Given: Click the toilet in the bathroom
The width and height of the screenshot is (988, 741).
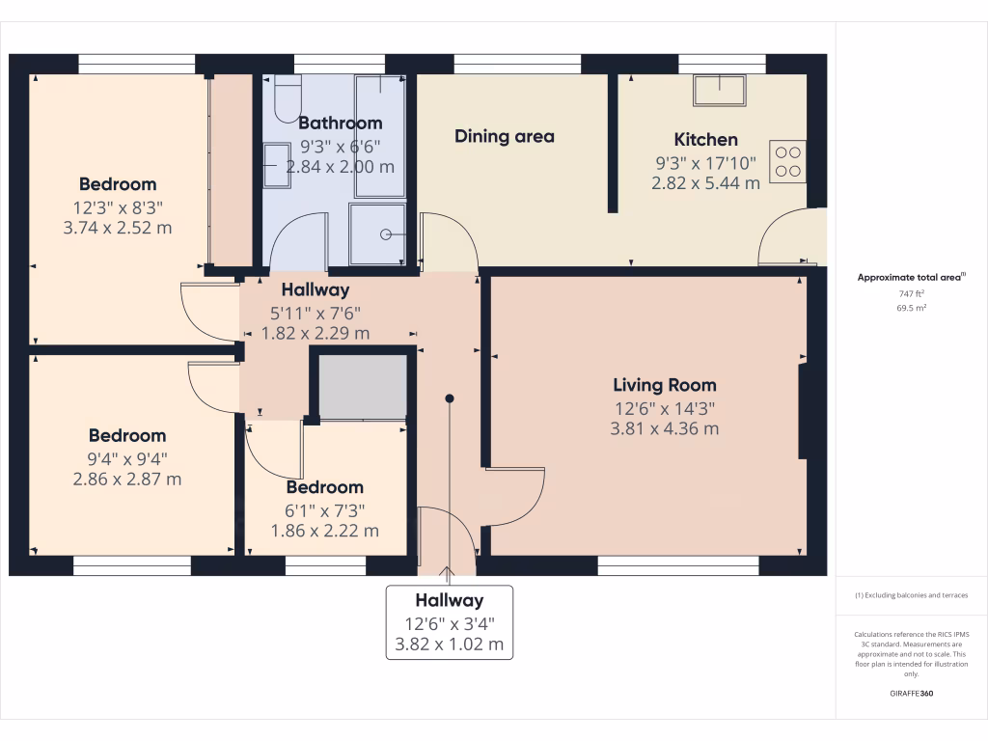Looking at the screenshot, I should tap(288, 98).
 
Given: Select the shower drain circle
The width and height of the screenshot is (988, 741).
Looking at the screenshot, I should tap(386, 233).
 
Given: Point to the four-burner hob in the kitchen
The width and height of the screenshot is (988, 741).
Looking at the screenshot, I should tap(789, 160).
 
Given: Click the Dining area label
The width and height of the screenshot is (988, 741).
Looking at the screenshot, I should tap(505, 136).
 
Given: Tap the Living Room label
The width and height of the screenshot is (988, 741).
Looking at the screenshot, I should tap(664, 385).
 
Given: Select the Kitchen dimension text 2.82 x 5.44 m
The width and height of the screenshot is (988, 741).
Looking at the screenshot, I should tap(706, 182).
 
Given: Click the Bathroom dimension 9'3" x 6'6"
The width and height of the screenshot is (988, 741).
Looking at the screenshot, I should tap(340, 146).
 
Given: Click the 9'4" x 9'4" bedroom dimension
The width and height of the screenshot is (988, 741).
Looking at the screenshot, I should tap(127, 458).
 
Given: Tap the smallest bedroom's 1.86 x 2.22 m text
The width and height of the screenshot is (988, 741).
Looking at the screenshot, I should tap(324, 531).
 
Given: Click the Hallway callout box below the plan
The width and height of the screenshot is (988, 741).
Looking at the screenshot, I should tap(450, 622).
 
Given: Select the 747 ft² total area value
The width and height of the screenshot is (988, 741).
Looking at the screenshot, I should tap(912, 293).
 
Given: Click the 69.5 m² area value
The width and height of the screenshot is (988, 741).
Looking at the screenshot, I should tap(912, 308).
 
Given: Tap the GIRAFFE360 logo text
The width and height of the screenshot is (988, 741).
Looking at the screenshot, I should tap(912, 693).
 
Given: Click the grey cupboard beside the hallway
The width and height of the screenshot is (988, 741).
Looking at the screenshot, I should tap(363, 386).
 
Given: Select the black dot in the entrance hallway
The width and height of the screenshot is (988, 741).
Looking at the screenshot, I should tap(450, 398).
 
